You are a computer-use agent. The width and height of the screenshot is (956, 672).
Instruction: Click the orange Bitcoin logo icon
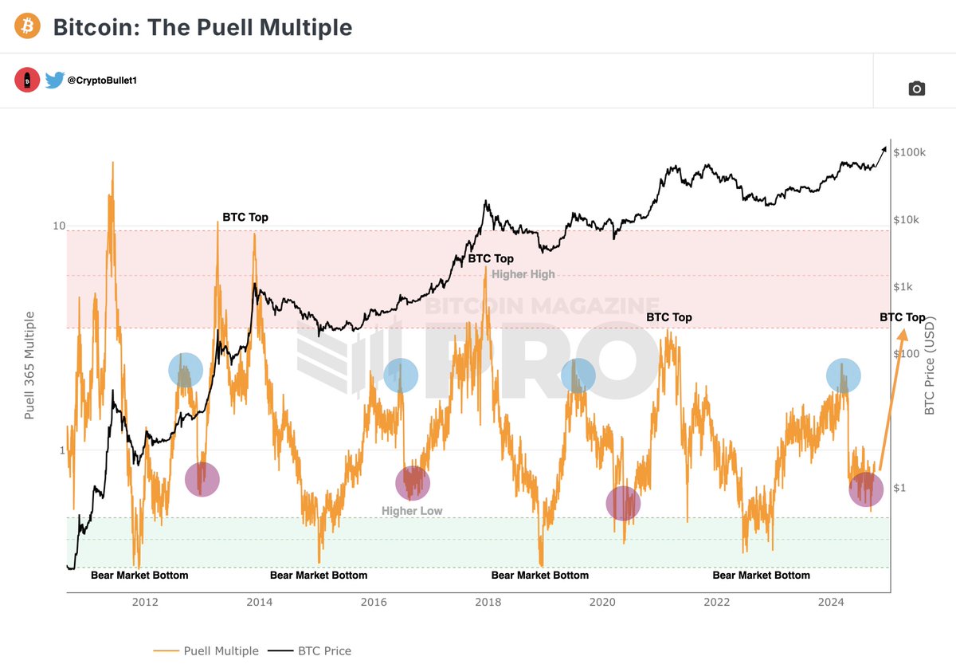28,27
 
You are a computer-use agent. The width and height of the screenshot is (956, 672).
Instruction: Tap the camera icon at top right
916,88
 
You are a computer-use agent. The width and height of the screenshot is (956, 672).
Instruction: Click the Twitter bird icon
54,81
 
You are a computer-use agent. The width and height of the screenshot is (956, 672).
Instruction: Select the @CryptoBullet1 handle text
102,81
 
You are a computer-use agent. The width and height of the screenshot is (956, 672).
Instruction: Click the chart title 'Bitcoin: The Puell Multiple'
202,27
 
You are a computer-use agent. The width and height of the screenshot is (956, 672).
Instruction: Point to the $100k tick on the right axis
909,152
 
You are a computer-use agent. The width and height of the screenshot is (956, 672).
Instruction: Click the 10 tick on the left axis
58,226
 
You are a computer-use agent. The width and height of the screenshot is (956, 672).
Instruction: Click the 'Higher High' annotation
523,274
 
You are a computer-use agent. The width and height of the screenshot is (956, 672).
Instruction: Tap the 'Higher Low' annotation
411,511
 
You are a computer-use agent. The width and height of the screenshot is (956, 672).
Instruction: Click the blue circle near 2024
843,375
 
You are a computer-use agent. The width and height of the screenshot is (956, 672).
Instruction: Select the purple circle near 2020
623,503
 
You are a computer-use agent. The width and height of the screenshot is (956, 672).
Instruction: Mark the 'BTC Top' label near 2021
668,317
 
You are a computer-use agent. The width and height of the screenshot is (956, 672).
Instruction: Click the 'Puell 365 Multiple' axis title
29,366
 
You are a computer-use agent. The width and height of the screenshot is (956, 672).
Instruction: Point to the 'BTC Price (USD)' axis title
929,366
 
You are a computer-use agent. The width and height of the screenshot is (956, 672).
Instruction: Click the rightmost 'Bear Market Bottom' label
761,576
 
